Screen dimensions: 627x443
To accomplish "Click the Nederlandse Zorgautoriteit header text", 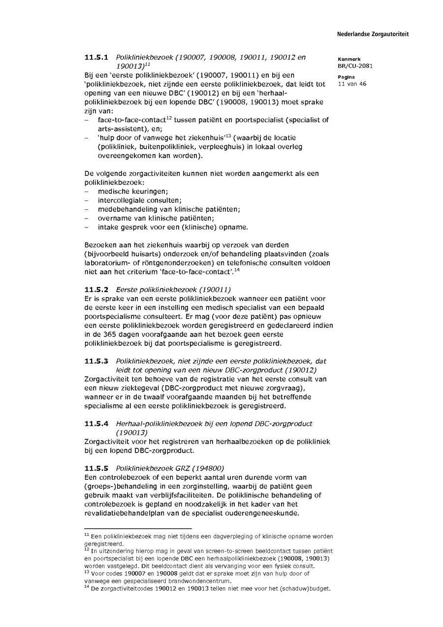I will point(373,34).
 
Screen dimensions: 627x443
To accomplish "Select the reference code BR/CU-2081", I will point(351,66).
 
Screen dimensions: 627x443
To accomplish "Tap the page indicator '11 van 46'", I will point(352,84).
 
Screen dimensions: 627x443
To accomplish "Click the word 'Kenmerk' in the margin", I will point(349,59).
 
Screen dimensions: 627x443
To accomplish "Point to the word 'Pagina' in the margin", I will point(346,77).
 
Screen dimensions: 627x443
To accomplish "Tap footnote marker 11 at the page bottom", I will point(86,534).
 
